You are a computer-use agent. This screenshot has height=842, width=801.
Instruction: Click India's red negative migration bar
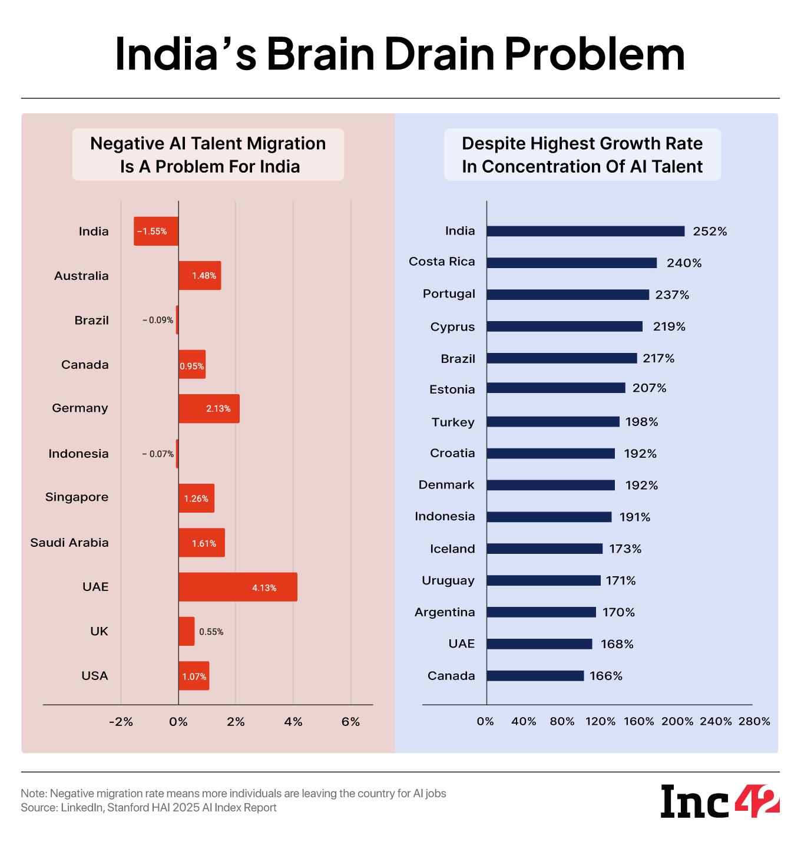pos(156,232)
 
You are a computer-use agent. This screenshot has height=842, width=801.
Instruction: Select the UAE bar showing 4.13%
pos(238,587)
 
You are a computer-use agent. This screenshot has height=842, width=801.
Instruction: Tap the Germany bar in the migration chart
pos(209,408)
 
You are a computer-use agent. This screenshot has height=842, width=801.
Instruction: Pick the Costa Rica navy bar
pos(571,263)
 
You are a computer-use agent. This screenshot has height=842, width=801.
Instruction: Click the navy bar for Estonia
pos(556,388)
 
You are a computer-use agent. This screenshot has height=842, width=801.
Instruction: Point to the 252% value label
pos(710,232)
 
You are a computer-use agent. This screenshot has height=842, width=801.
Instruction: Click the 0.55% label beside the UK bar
pos(211,632)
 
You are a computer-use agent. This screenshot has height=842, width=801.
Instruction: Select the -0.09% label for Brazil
pos(158,321)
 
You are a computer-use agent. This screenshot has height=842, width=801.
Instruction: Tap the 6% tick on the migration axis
pos(350,722)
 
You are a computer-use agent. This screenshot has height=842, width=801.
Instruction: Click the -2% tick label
pos(121,722)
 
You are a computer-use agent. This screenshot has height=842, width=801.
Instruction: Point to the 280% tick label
pos(754,721)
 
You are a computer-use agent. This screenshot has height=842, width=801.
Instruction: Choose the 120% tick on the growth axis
pos(600,721)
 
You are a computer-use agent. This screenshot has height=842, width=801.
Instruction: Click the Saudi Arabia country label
pos(69,542)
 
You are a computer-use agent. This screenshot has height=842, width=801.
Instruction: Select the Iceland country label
pos(452,549)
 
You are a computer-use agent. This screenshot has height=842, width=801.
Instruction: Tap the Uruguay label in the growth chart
pos(448,580)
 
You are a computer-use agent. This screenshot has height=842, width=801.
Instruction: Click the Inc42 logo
pos(720,801)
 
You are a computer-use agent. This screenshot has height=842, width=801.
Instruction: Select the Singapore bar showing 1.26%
pos(196,498)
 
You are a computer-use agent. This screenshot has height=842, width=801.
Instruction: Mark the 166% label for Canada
pos(605,676)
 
